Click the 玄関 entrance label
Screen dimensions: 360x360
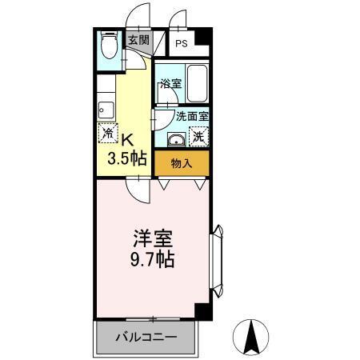(x=138, y=39)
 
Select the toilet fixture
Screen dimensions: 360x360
(x=108, y=48)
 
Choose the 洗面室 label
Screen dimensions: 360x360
(x=193, y=115)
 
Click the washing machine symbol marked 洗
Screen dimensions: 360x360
(x=197, y=137)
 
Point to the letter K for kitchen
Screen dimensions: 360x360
(x=126, y=137)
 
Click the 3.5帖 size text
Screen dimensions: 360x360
(x=127, y=157)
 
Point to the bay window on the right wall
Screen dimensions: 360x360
(x=217, y=257)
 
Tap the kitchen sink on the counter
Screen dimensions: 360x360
(x=104, y=110)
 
